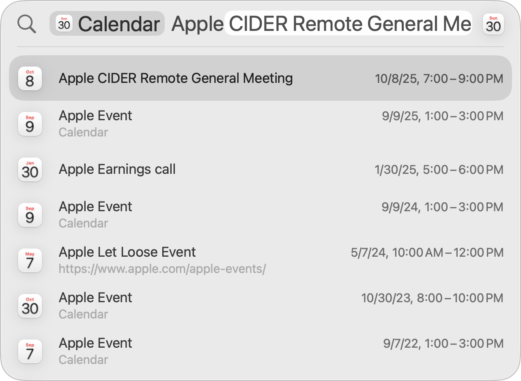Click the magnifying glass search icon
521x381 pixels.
(26, 24)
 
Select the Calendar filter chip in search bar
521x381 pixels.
(107, 24)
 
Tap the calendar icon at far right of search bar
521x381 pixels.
(493, 24)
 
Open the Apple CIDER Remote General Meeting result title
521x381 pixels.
(176, 78)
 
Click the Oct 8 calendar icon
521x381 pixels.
(30, 78)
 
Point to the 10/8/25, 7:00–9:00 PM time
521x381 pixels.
(439, 78)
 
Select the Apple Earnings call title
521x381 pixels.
(117, 169)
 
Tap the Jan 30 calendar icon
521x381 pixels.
(30, 169)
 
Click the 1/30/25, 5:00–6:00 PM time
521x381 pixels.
(439, 169)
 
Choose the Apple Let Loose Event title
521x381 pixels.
(127, 252)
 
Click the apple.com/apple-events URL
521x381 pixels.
(162, 269)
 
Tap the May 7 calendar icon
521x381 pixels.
(30, 260)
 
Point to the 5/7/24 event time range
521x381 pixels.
(427, 253)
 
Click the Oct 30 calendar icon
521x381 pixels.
(30, 306)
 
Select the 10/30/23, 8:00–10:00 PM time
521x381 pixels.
(432, 298)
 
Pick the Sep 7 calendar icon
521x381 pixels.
(30, 351)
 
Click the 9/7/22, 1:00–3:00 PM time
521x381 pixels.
(443, 344)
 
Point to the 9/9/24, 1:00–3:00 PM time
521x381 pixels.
(442, 207)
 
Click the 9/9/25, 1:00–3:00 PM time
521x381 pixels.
(443, 116)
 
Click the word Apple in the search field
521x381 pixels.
(198, 24)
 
